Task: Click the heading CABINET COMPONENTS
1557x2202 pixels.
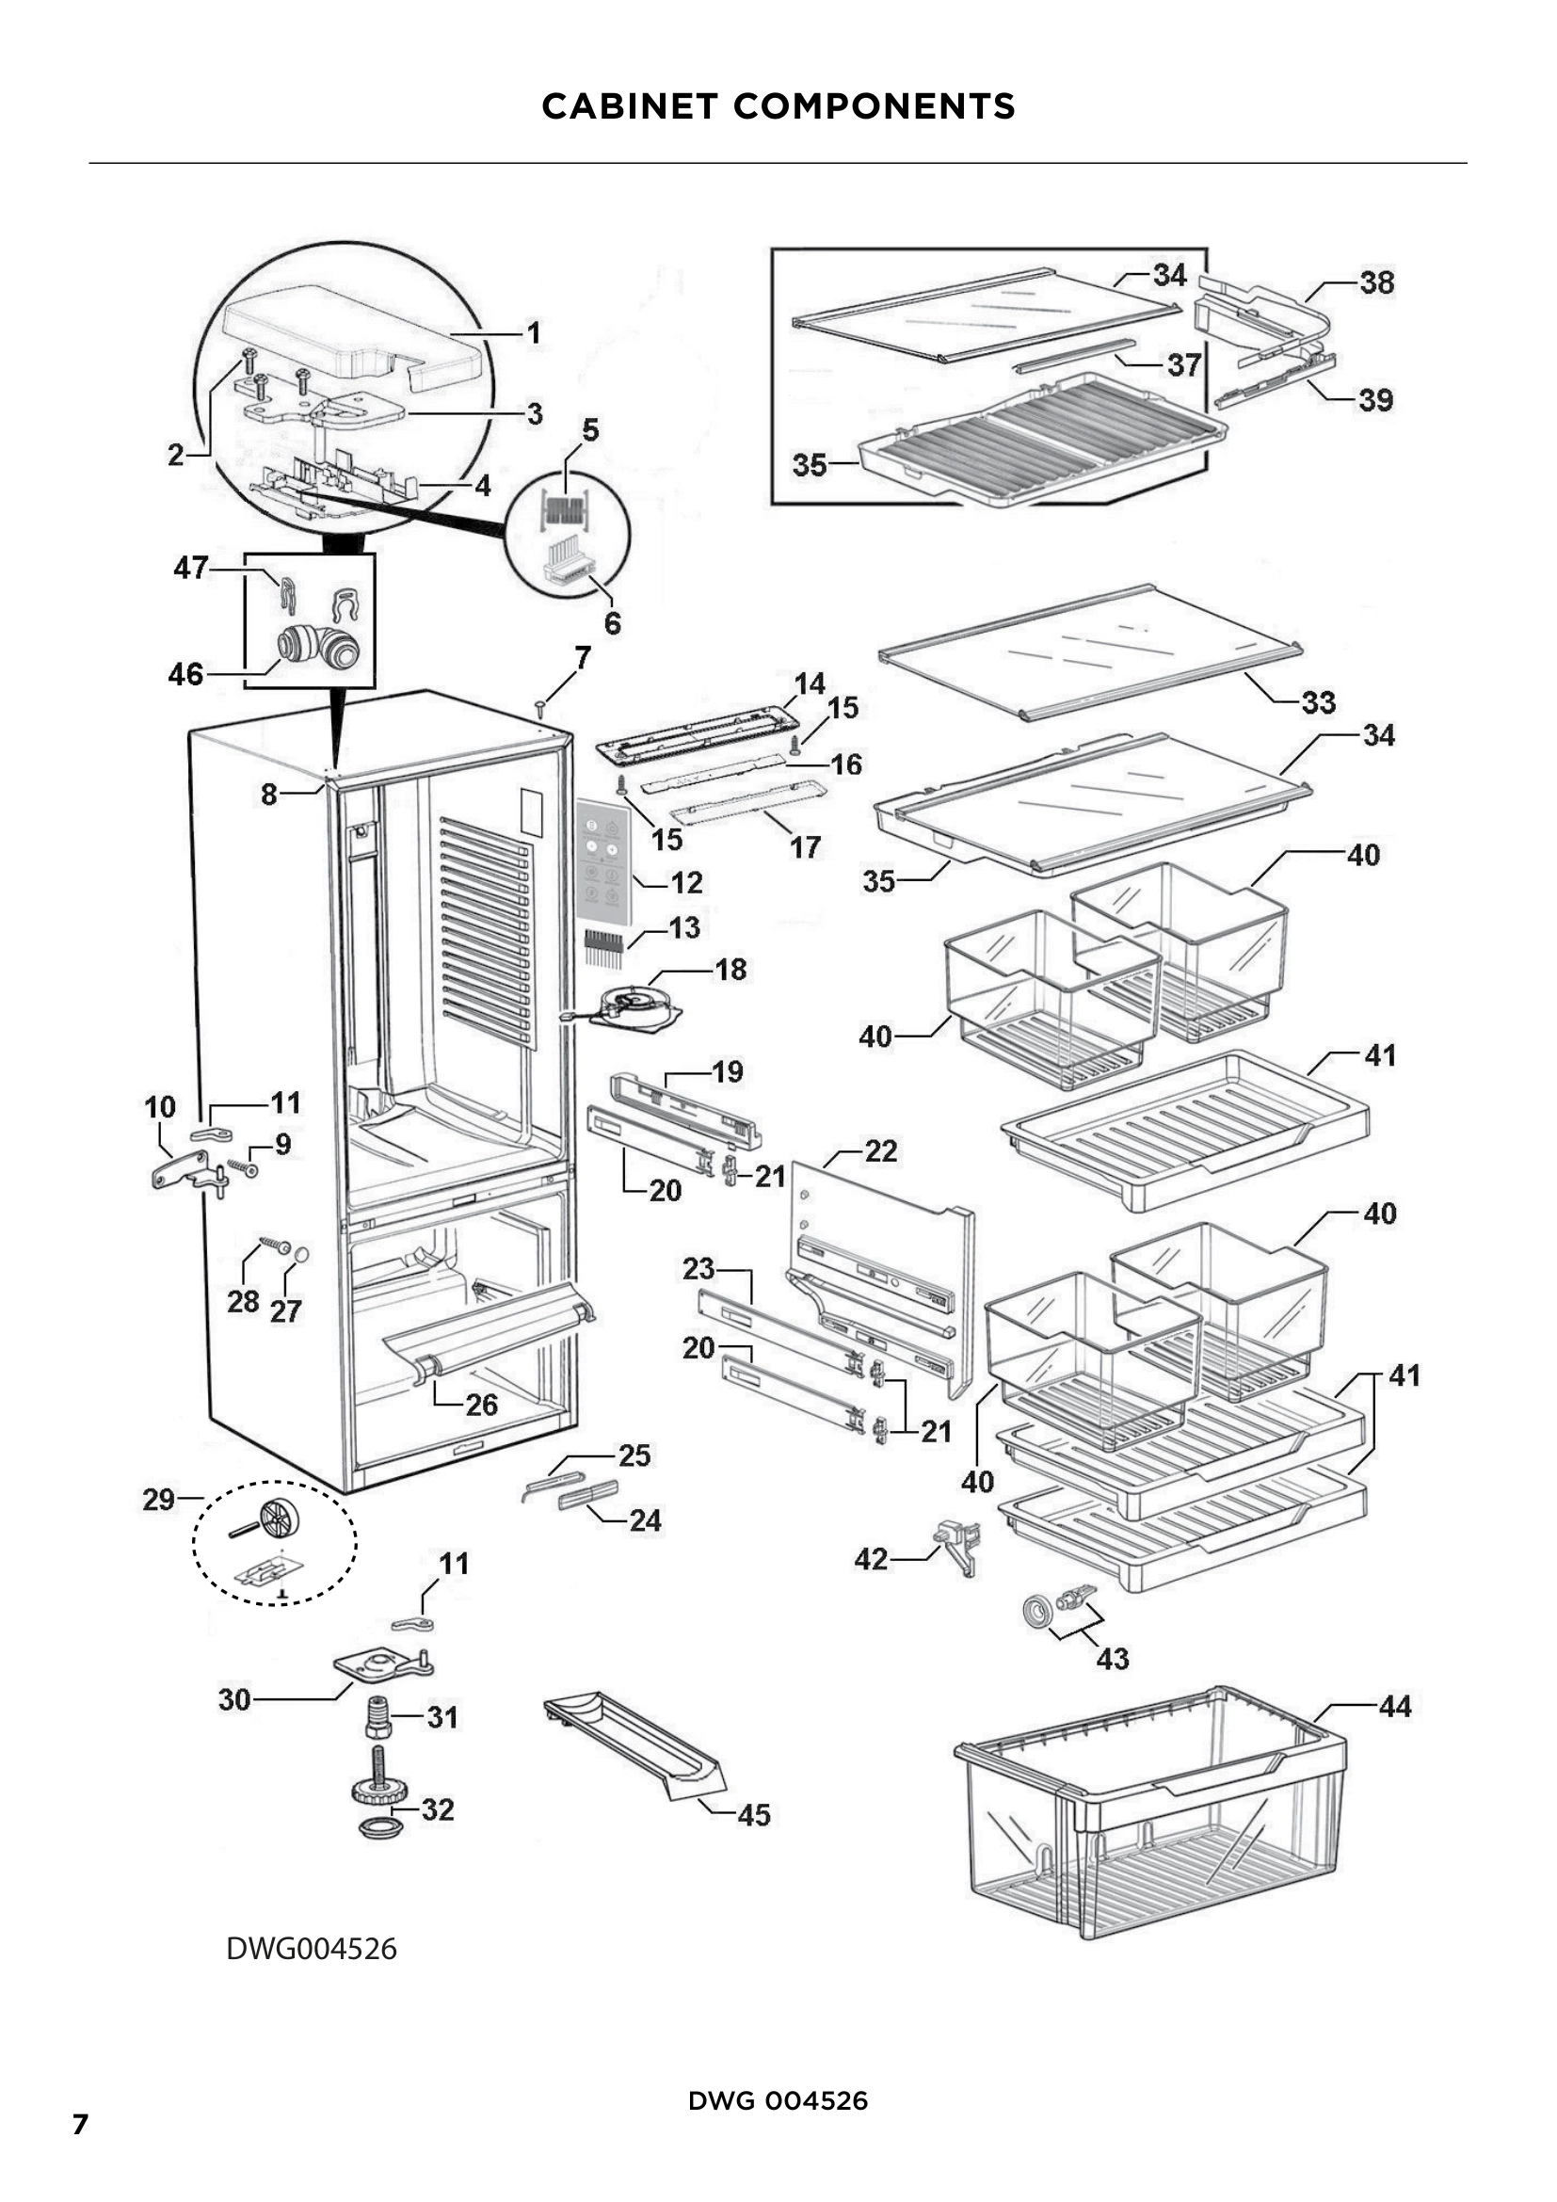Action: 778,106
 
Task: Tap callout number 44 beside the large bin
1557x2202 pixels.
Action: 1395,1706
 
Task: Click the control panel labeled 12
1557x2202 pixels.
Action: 604,858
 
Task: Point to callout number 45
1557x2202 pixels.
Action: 754,1814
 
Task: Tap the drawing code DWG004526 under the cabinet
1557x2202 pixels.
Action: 311,1949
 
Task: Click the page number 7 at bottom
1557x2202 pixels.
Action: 81,2124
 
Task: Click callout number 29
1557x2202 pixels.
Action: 159,1499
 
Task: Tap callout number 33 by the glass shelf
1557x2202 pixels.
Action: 1318,702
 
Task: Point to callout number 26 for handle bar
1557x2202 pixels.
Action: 481,1405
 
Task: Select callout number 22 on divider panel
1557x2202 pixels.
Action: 880,1150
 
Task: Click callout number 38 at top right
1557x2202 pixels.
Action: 1377,282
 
